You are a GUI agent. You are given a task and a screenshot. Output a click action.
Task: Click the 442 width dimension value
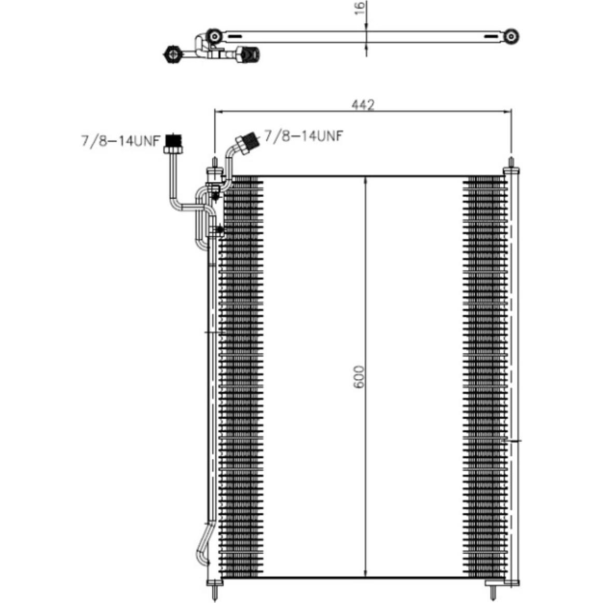363,105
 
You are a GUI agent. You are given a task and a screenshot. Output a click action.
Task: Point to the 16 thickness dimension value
359,8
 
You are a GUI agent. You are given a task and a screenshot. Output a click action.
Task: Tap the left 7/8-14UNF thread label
120,141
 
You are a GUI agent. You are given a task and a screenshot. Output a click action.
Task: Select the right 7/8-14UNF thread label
304,135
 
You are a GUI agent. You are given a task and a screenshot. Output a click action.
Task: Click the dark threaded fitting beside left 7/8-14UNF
173,143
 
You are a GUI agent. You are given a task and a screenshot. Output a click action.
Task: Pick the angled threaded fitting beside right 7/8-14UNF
248,143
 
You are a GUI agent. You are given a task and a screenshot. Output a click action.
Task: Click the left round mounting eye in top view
214,36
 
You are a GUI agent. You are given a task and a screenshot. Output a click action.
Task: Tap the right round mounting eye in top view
511,36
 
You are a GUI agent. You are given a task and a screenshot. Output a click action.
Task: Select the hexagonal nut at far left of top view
172,54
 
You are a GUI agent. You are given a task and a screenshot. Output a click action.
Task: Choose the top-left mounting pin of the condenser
215,163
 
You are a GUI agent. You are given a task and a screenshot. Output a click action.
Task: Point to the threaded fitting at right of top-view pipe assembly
248,54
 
